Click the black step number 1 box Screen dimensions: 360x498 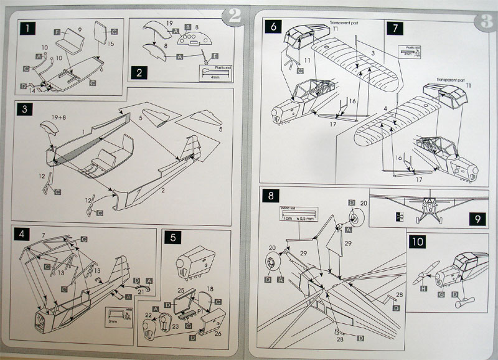click(x=27, y=28)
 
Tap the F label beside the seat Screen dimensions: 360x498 click(x=57, y=31)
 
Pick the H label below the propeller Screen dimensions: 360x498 click(x=424, y=289)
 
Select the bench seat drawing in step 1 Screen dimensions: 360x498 click(x=68, y=45)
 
